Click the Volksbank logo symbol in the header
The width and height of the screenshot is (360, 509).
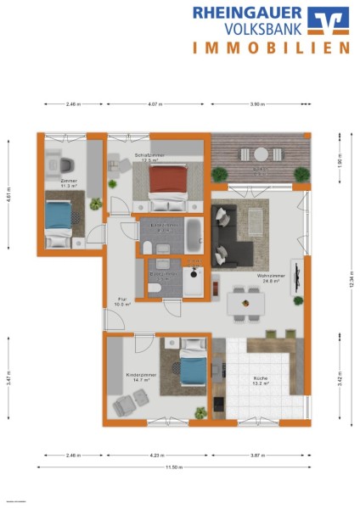pos(327,20)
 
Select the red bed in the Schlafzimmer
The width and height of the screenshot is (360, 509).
pos(169,187)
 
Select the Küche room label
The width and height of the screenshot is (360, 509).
pos(260,383)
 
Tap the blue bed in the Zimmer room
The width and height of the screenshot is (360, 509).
pos(58,217)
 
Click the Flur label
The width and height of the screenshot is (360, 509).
pos(122,300)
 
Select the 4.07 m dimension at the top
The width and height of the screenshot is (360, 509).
pos(155,105)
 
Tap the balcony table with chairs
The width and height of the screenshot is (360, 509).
pos(261,154)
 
